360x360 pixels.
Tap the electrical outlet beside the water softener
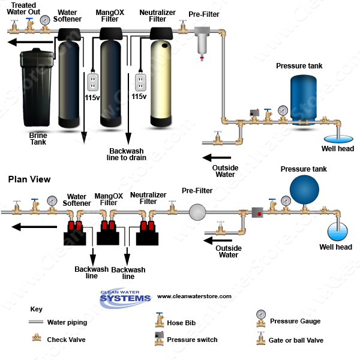point(92,80)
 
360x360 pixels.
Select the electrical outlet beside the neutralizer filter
point(139,80)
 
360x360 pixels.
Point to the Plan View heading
point(29,179)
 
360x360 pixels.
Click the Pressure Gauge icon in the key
point(261,316)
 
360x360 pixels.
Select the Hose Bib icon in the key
point(159,318)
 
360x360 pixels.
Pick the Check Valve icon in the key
point(36,339)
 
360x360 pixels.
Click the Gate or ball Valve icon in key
point(261,339)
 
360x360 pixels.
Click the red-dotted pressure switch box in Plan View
point(258,212)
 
